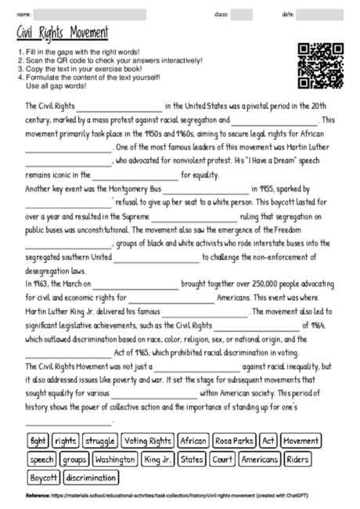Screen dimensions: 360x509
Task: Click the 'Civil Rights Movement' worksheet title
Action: (x=62, y=33)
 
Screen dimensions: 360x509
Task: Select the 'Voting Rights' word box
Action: (x=148, y=441)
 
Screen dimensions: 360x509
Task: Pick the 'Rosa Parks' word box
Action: (x=234, y=441)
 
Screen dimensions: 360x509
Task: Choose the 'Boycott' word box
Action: (x=45, y=477)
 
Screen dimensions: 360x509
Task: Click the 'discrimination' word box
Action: (x=92, y=477)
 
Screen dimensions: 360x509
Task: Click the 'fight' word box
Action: (x=38, y=441)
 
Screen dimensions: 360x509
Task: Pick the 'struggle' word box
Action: (x=99, y=441)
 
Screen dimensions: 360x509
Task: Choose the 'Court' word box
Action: (x=223, y=459)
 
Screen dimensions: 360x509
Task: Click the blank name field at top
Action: (x=90, y=14)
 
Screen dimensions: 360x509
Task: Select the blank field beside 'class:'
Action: (x=242, y=14)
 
